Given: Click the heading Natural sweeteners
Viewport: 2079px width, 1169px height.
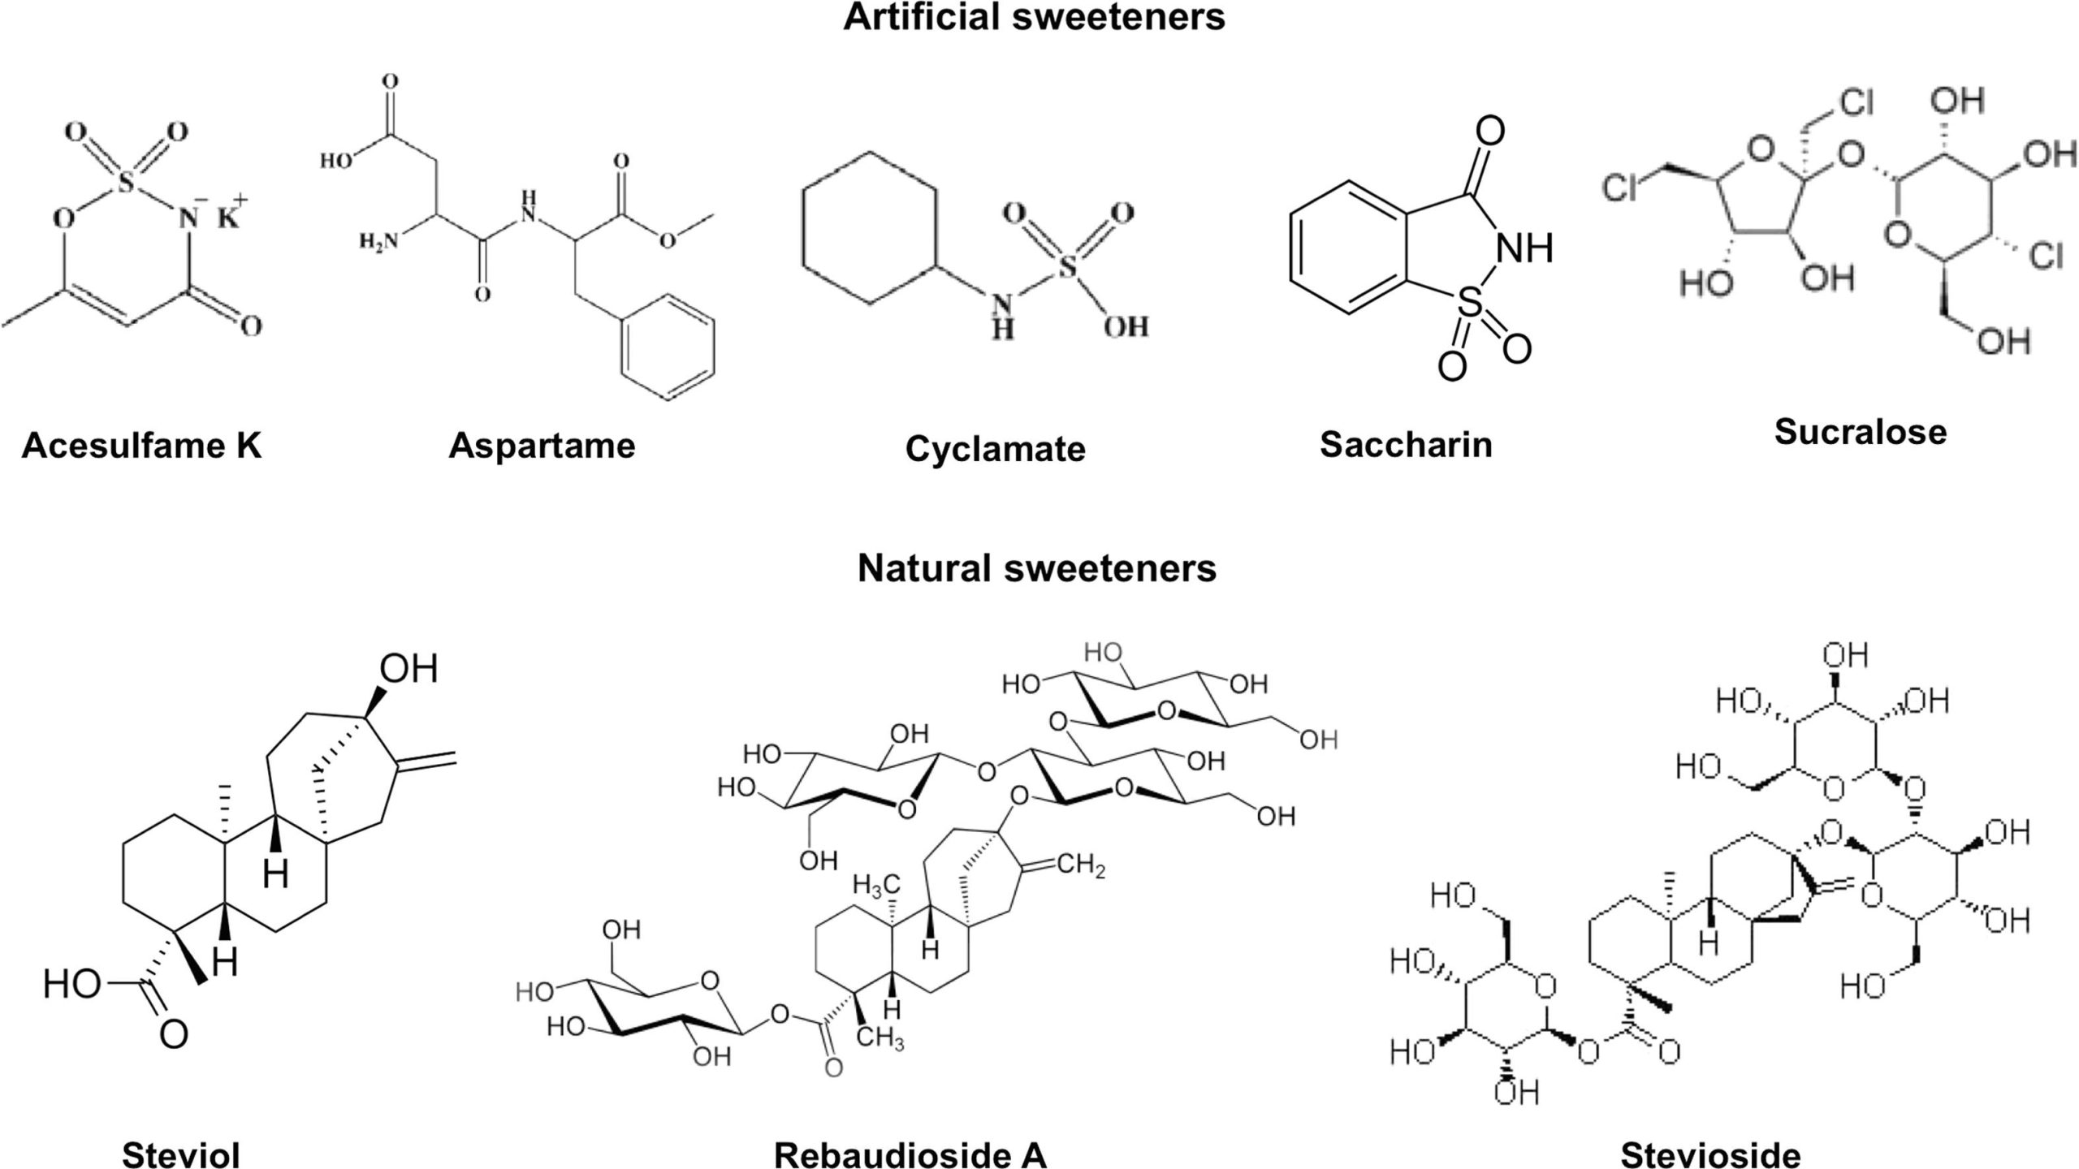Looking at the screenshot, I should (x=1037, y=568).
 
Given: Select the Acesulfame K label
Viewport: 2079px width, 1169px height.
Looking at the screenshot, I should (x=142, y=445).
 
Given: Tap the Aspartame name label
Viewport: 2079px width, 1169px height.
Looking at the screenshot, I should (x=542, y=445).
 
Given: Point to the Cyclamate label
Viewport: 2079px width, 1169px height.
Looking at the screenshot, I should (x=995, y=449).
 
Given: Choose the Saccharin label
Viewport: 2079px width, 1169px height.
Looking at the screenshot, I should (x=1406, y=444).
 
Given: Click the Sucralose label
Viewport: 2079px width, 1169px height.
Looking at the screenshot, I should (x=1860, y=432).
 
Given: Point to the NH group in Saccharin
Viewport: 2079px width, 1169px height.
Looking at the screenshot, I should (x=1524, y=248).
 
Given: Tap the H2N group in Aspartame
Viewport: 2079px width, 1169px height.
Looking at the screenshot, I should (x=380, y=240).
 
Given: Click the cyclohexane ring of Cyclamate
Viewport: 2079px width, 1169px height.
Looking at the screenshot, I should (x=871, y=227).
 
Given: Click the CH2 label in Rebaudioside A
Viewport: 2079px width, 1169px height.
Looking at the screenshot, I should (x=1081, y=866).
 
